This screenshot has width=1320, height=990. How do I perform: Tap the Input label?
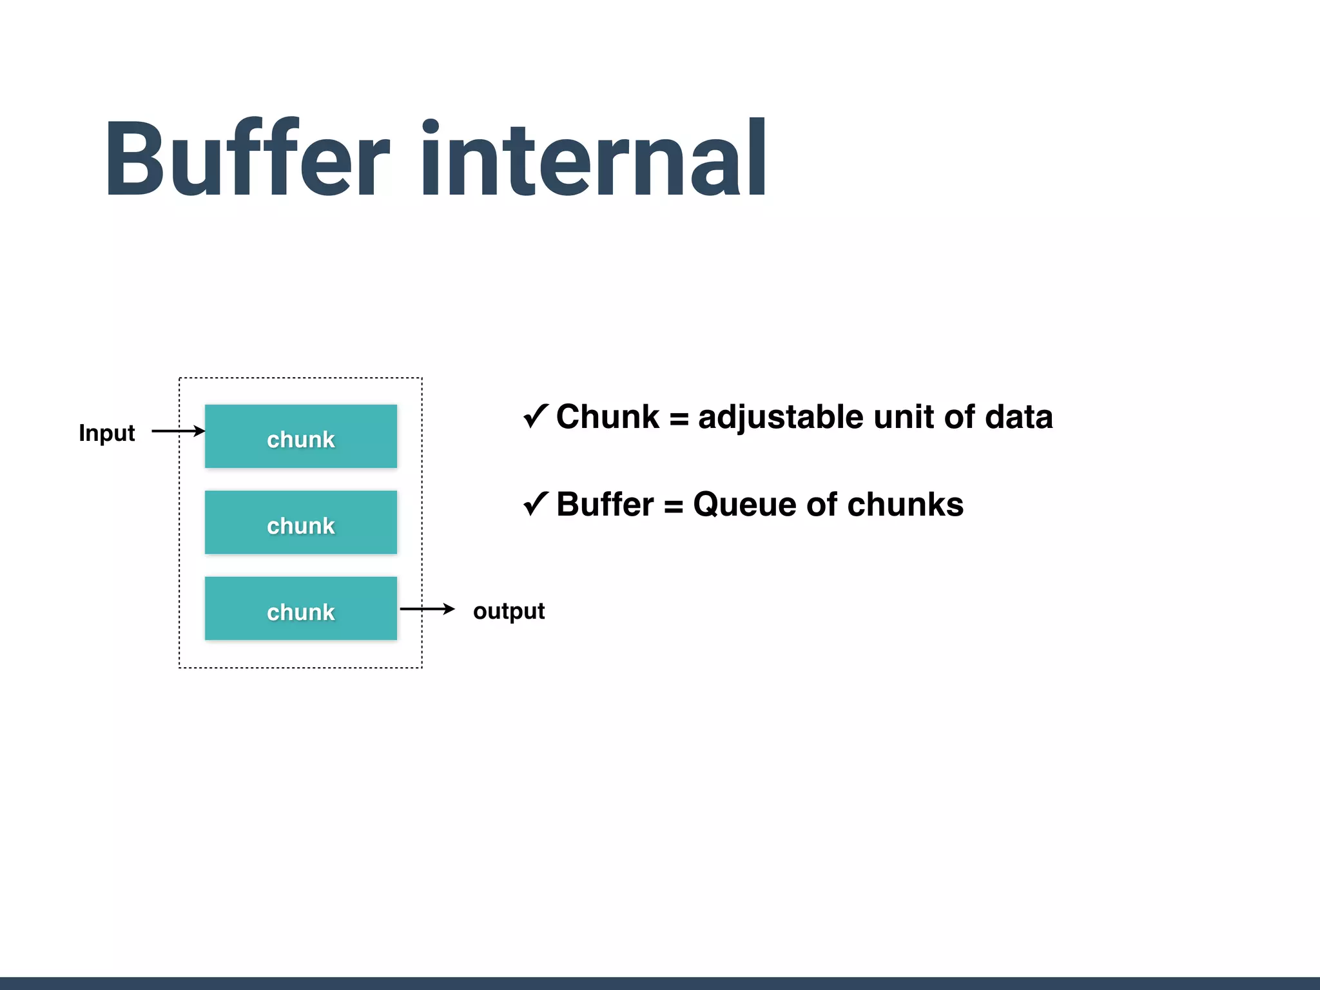pos(106,433)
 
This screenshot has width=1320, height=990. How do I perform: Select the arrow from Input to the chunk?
pos(178,431)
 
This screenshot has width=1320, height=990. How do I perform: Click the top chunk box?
pos(301,436)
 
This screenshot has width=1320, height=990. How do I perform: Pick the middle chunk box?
pos(301,523)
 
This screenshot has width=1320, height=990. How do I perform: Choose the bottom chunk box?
pos(301,608)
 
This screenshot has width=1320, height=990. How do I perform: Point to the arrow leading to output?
pos(427,609)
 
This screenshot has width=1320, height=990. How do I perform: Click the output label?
pos(509,611)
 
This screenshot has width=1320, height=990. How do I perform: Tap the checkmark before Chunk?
pos(536,416)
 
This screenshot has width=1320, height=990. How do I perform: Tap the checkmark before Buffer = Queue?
pos(536,503)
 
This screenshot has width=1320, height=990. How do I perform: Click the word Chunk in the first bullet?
pos(608,416)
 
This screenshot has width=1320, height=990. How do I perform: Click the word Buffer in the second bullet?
pos(605,504)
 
